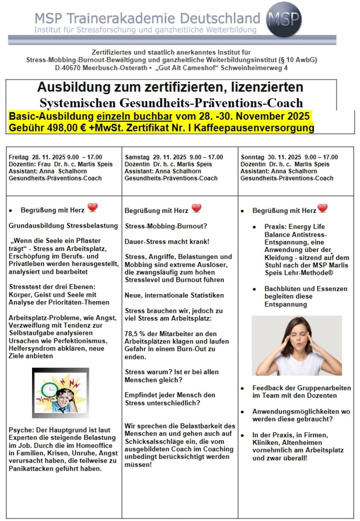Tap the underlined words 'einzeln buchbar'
134,116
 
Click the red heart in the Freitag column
93,207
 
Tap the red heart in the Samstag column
197,208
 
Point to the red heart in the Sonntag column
322,208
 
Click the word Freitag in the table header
18,157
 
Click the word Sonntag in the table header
252,157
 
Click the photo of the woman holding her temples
297,345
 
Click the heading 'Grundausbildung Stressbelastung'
63,225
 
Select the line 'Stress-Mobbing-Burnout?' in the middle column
166,226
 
